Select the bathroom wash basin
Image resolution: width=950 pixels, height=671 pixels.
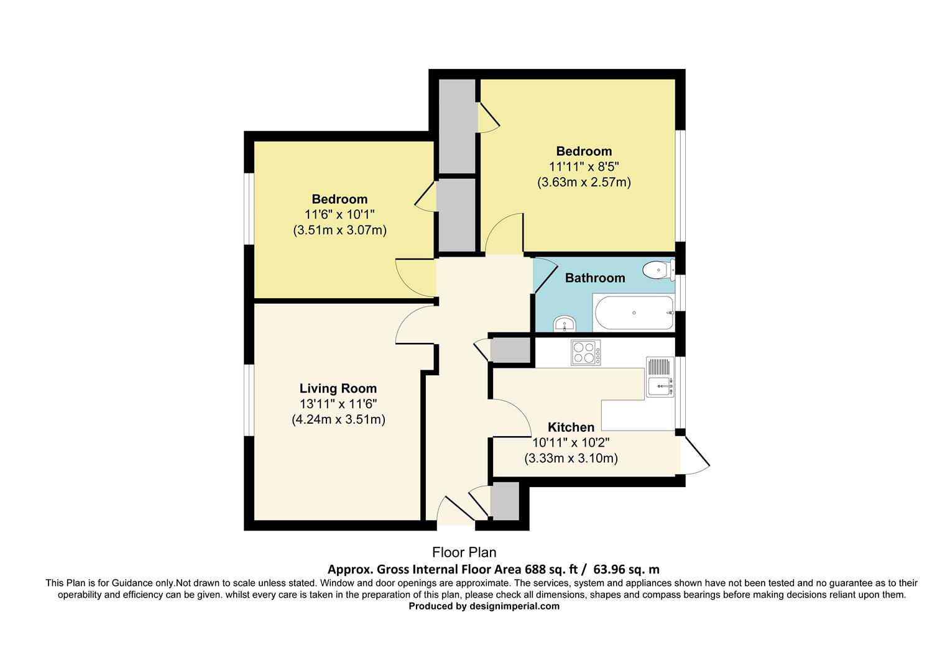pos(565,324)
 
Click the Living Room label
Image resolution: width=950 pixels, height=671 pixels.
pos(338,388)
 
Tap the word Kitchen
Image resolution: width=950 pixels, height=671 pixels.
pos(571,427)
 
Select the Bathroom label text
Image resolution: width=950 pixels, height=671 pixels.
pos(595,278)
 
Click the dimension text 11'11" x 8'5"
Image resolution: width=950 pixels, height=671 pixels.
pos(584,167)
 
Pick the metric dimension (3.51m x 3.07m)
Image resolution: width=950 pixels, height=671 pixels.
pos(339,230)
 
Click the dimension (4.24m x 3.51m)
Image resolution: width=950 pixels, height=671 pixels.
pos(338,419)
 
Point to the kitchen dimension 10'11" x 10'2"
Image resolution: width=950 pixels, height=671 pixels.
pos(571,443)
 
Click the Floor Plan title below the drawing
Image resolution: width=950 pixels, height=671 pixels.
pos(464,552)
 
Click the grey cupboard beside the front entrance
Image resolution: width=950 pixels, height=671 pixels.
pos(504,501)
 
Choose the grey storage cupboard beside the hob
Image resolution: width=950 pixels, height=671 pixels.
pos(510,350)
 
